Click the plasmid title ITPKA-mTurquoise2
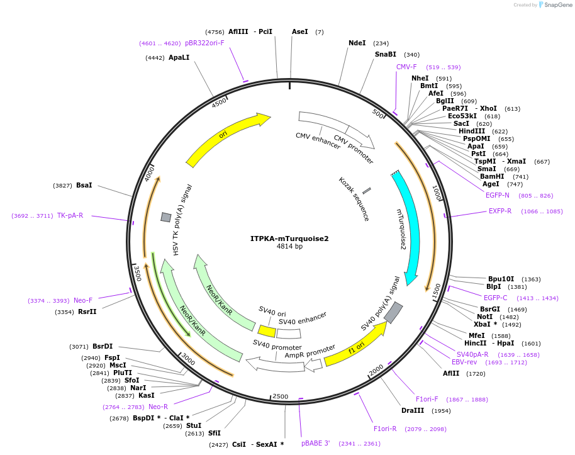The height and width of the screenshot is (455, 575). pos(289,239)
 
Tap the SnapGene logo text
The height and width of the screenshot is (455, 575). pos(557,5)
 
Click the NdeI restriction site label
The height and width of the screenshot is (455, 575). pos(357,43)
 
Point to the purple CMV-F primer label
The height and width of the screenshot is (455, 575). pos(406,67)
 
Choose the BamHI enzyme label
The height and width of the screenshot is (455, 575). pos(492,176)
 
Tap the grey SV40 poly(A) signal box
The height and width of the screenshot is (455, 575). pos(393,313)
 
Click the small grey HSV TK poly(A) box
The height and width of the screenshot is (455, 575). pos(165,217)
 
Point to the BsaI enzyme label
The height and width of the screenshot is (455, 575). pos(84,185)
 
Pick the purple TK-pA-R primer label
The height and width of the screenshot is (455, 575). pos(70,215)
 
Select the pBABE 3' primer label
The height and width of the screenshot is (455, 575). pos(315,443)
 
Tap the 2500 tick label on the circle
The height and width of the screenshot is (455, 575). pos(280,396)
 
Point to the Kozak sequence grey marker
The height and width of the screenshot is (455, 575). pos(366,190)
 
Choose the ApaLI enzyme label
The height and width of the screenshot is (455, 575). pos(179,57)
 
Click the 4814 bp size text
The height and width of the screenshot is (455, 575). pos(289,247)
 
